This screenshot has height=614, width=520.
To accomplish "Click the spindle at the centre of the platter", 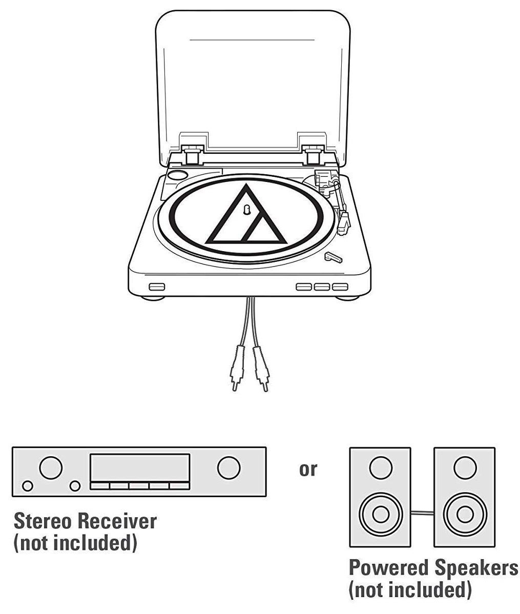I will point(246,210).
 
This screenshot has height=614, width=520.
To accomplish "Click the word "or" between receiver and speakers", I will point(308,469).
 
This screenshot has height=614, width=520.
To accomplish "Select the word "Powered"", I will point(388,568).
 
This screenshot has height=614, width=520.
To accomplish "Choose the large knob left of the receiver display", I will point(51,467).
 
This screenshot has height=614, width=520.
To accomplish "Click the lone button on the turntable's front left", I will point(157,286).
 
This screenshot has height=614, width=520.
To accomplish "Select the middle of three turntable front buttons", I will point(322,286).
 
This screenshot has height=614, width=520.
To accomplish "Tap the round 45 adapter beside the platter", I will point(178,174).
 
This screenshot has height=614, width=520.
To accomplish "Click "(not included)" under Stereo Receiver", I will point(75,543).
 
